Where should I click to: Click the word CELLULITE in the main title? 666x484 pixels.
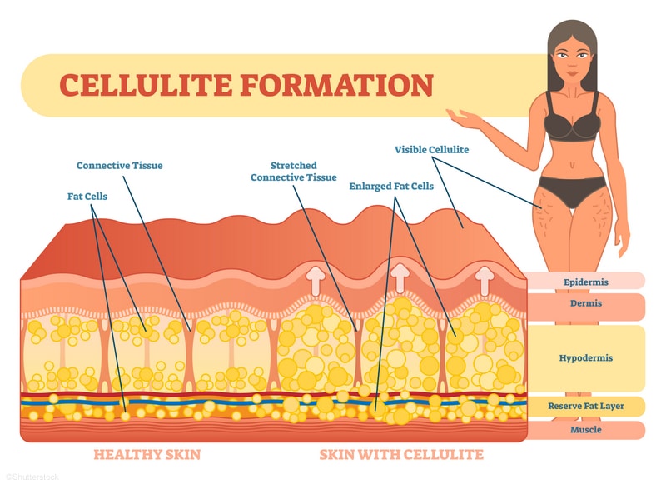click(x=146, y=85)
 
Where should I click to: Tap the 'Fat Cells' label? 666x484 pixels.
click(x=87, y=197)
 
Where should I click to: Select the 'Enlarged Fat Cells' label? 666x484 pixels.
click(x=391, y=186)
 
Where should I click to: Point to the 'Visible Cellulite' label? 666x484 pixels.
click(x=431, y=150)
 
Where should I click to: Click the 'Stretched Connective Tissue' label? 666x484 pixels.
click(x=294, y=172)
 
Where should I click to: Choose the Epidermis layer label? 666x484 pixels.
click(x=586, y=282)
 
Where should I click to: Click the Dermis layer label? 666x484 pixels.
click(x=586, y=303)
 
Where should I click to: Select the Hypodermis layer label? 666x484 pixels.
click(x=586, y=358)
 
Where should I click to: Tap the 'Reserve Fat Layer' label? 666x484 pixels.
click(x=586, y=406)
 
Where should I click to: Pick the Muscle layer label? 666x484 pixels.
click(x=586, y=430)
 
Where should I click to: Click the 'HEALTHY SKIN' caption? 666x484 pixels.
click(x=147, y=455)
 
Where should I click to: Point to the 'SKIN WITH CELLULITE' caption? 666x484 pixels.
click(x=401, y=455)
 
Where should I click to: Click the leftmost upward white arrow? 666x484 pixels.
click(x=316, y=280)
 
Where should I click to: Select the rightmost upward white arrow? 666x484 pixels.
click(x=484, y=280)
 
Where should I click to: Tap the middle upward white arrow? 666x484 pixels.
click(x=400, y=278)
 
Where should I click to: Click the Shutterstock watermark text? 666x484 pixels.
click(x=32, y=477)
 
